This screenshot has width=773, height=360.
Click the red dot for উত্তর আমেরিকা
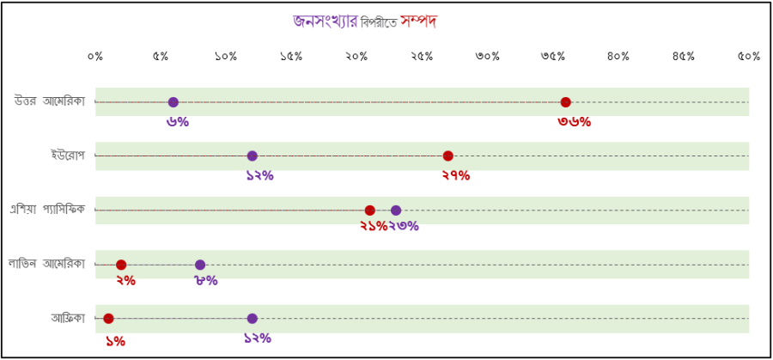pyautogui.click(x=565, y=102)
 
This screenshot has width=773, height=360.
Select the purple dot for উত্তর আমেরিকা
pyautogui.click(x=173, y=102)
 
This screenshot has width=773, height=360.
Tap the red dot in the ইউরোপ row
pyautogui.click(x=448, y=156)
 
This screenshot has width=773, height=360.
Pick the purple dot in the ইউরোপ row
pyautogui.click(x=252, y=156)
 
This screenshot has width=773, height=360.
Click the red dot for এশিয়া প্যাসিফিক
pyautogui.click(x=369, y=211)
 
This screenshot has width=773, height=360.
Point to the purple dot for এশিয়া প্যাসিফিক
pyautogui.click(x=396, y=211)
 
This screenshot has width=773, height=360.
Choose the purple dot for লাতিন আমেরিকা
pyautogui.click(x=200, y=265)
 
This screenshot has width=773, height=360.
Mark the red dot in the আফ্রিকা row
pyautogui.click(x=108, y=319)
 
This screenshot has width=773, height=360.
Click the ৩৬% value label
pyautogui.click(x=575, y=122)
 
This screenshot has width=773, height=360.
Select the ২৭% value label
pyautogui.click(x=456, y=176)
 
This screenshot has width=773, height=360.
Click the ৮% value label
pyautogui.click(x=206, y=280)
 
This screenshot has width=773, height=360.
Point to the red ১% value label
pyautogui.click(x=115, y=340)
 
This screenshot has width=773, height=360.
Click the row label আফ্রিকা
pyautogui.click(x=69, y=319)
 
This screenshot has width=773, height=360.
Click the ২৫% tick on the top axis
pyautogui.click(x=422, y=57)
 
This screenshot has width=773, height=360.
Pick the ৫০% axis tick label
pyautogui.click(x=748, y=57)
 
